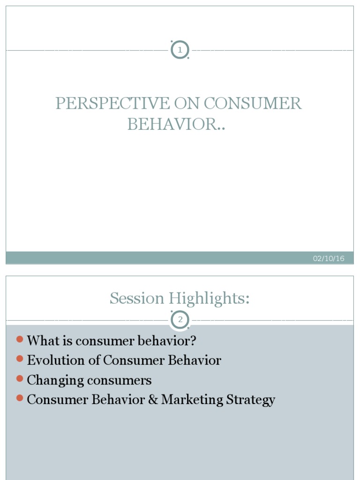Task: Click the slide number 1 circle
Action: tap(180, 50)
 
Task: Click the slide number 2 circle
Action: tap(180, 320)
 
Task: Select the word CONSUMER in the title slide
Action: tap(253, 103)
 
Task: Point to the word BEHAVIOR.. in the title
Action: tap(176, 124)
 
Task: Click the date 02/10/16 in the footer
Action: tap(329, 258)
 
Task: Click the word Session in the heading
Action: tap(137, 298)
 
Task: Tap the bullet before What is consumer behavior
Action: tap(19, 339)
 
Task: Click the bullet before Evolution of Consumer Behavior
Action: tap(19, 359)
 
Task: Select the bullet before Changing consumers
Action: tap(19, 378)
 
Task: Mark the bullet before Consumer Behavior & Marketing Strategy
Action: tap(19, 398)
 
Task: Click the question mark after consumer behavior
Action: tap(193, 340)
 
